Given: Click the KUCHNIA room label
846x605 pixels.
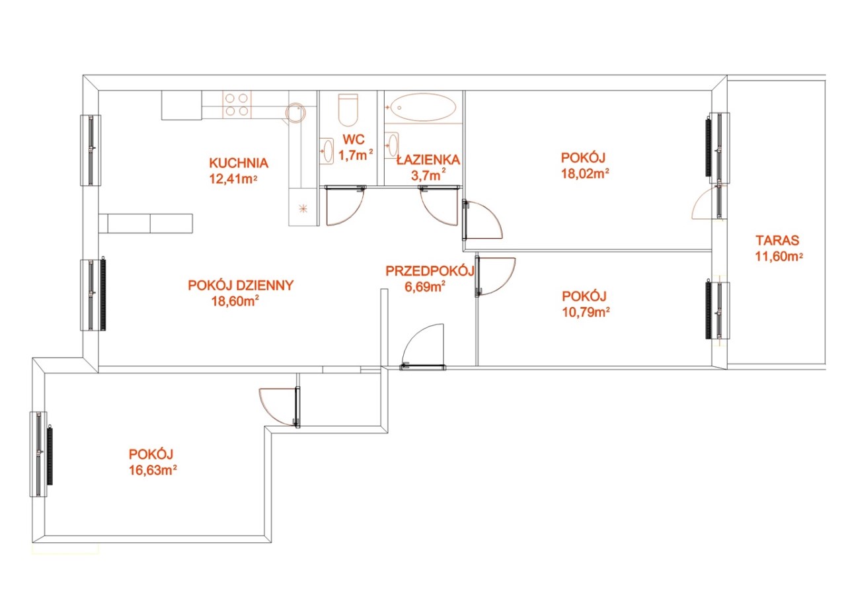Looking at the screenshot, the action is click(x=239, y=163).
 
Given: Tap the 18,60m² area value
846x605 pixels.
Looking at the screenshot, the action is click(x=235, y=301).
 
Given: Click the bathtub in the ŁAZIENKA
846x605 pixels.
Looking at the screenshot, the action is click(x=424, y=107).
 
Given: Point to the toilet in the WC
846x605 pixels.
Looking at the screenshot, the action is click(x=348, y=110).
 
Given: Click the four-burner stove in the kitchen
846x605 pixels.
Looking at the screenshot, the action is click(x=237, y=104).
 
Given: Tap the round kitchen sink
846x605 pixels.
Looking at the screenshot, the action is click(x=295, y=112).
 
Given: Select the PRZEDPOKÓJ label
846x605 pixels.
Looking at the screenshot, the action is click(x=430, y=271).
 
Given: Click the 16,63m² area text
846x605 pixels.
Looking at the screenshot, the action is click(x=153, y=471).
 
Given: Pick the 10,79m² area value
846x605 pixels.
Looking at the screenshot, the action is click(x=586, y=312).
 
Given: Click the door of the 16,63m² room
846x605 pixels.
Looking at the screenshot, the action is click(x=279, y=407).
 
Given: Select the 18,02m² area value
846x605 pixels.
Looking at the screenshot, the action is click(x=585, y=173).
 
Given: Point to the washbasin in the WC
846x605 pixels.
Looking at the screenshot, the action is click(x=327, y=151).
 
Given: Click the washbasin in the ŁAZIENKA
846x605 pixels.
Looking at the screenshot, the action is click(x=392, y=144).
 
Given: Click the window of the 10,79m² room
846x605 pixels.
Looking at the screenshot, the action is click(x=718, y=310).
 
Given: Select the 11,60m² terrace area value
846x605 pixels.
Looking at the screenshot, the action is click(x=779, y=256).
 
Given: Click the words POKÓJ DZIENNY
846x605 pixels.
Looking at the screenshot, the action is click(x=241, y=285).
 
